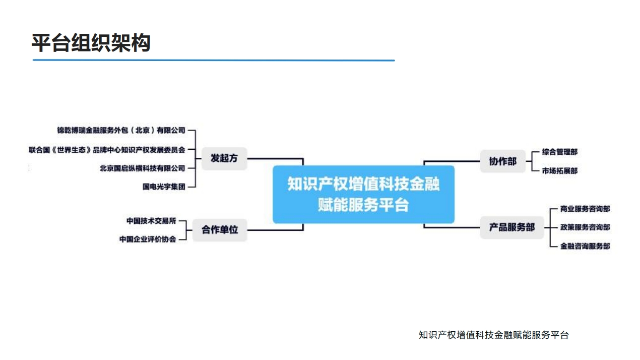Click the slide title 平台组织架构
(91, 43)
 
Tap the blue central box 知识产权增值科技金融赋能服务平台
(363, 195)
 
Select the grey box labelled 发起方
(224, 158)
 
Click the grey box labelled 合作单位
(220, 230)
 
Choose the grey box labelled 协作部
(502, 161)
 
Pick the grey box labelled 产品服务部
(511, 227)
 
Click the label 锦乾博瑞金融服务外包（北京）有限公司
(121, 131)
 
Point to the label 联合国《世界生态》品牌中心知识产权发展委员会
(107, 150)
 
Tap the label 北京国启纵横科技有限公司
(142, 168)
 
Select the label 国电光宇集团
(164, 187)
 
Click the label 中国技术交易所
(151, 221)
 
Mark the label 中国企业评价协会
(148, 239)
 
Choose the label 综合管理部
(560, 152)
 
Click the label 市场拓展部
(560, 171)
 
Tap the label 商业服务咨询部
(585, 209)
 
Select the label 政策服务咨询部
(585, 227)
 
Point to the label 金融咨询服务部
(585, 246)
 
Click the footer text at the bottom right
(494, 335)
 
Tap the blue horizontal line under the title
(214, 61)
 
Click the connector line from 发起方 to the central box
(276, 158)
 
